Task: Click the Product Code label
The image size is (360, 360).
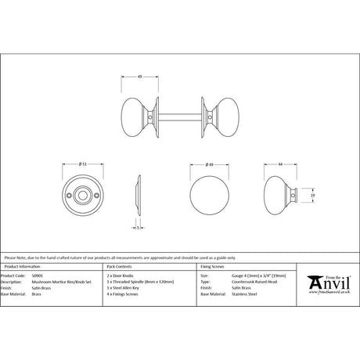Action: (15, 276)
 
